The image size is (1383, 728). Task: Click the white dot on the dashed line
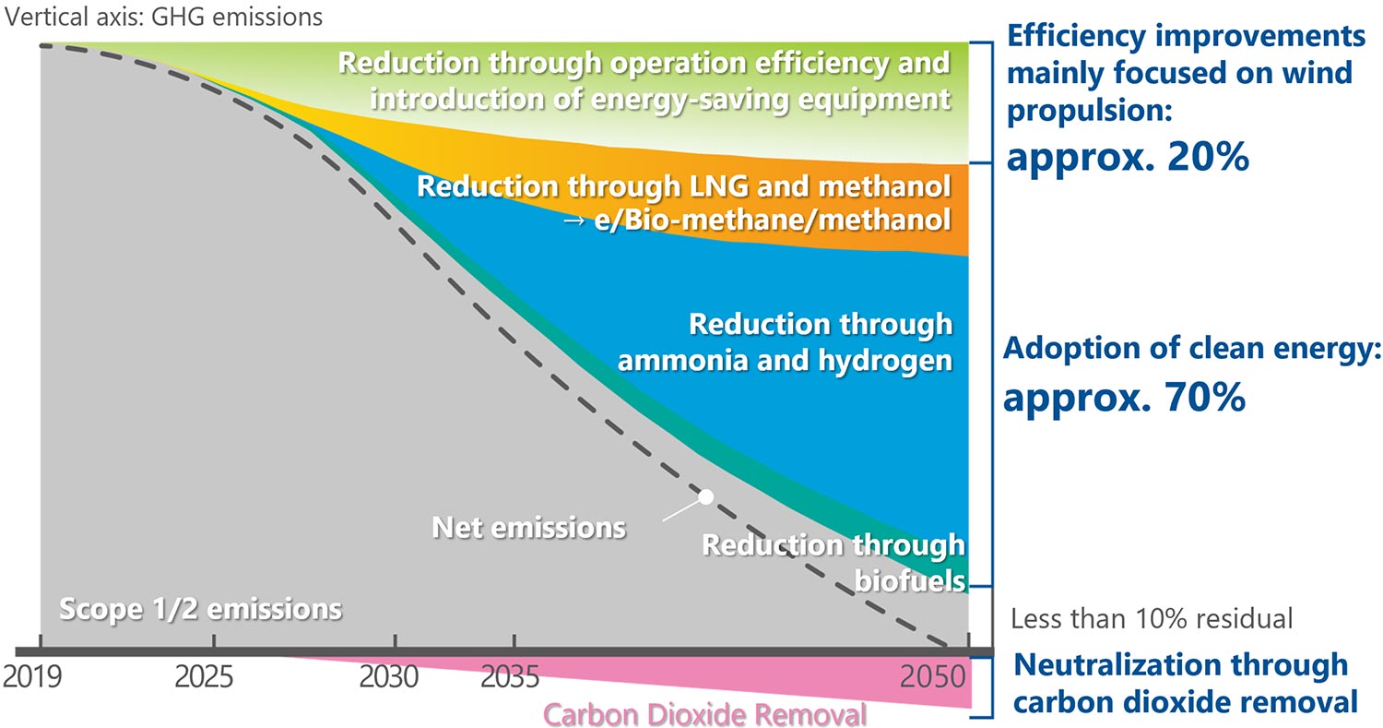706,496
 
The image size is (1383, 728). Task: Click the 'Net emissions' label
529,528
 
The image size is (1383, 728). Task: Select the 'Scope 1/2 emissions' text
200,609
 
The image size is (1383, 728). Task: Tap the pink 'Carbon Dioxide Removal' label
705,714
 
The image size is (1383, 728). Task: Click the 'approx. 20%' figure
1128,158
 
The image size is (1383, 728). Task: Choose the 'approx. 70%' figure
1125,397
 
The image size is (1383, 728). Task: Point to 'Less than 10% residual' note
1152,617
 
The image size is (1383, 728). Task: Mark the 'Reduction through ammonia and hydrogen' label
784,341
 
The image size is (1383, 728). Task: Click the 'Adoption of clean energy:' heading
1188,350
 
